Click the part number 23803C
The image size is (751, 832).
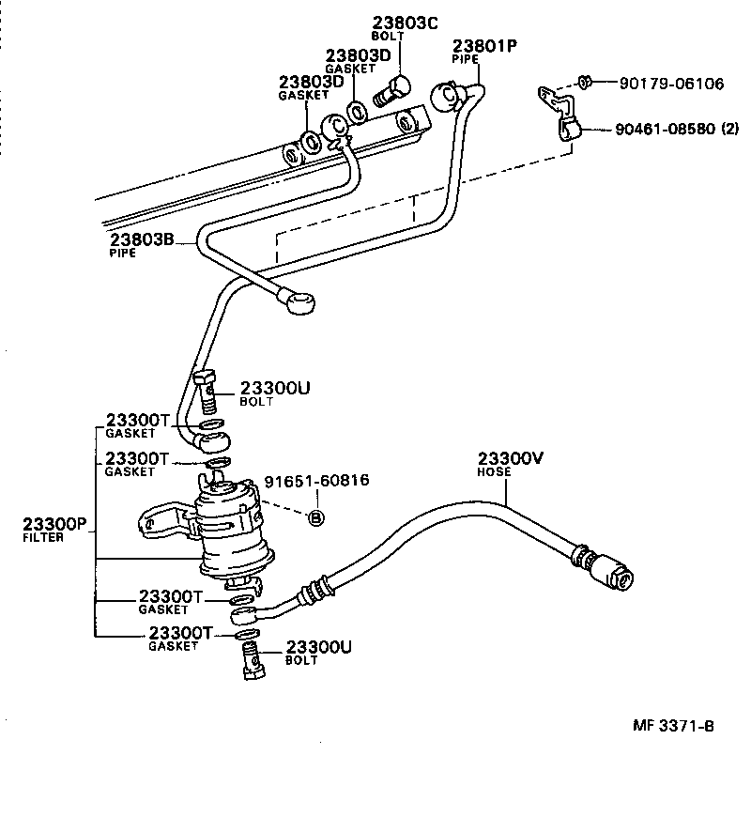(x=406, y=23)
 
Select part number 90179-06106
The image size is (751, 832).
(x=671, y=84)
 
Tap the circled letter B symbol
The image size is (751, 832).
(x=316, y=517)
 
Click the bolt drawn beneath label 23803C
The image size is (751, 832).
(x=390, y=91)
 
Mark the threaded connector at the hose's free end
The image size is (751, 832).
(x=605, y=567)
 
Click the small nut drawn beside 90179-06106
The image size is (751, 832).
(x=583, y=83)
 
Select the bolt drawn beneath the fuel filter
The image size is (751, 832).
(x=250, y=657)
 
